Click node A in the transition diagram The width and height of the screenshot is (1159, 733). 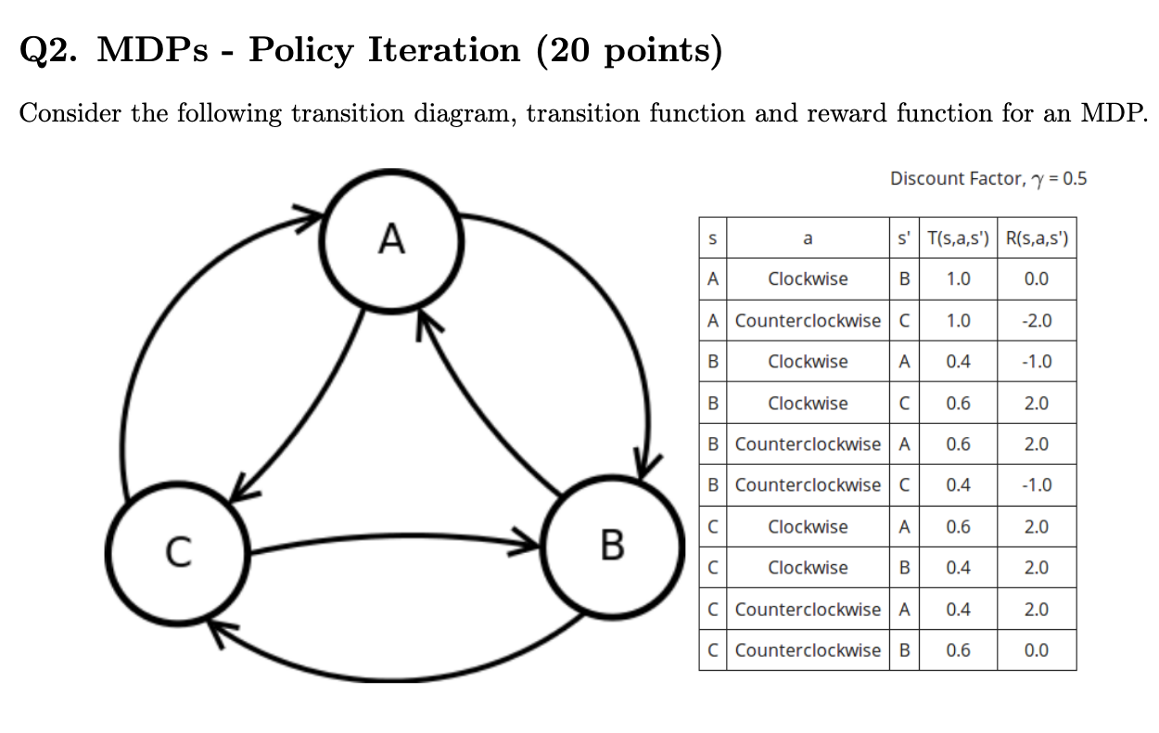[392, 239]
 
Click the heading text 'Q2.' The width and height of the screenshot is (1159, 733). [50, 49]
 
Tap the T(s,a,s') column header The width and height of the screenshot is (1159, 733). [959, 238]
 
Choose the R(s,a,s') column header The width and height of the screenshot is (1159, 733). [1037, 238]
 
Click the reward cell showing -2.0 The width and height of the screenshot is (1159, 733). [1037, 320]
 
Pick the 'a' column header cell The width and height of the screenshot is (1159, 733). [807, 238]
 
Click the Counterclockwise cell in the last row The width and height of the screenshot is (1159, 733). [808, 649]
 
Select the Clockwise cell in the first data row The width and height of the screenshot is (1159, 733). [808, 279]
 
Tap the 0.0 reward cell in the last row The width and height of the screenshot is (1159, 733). [1037, 649]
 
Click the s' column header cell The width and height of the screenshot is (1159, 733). [904, 238]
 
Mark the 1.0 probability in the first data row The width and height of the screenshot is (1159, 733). [959, 279]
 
